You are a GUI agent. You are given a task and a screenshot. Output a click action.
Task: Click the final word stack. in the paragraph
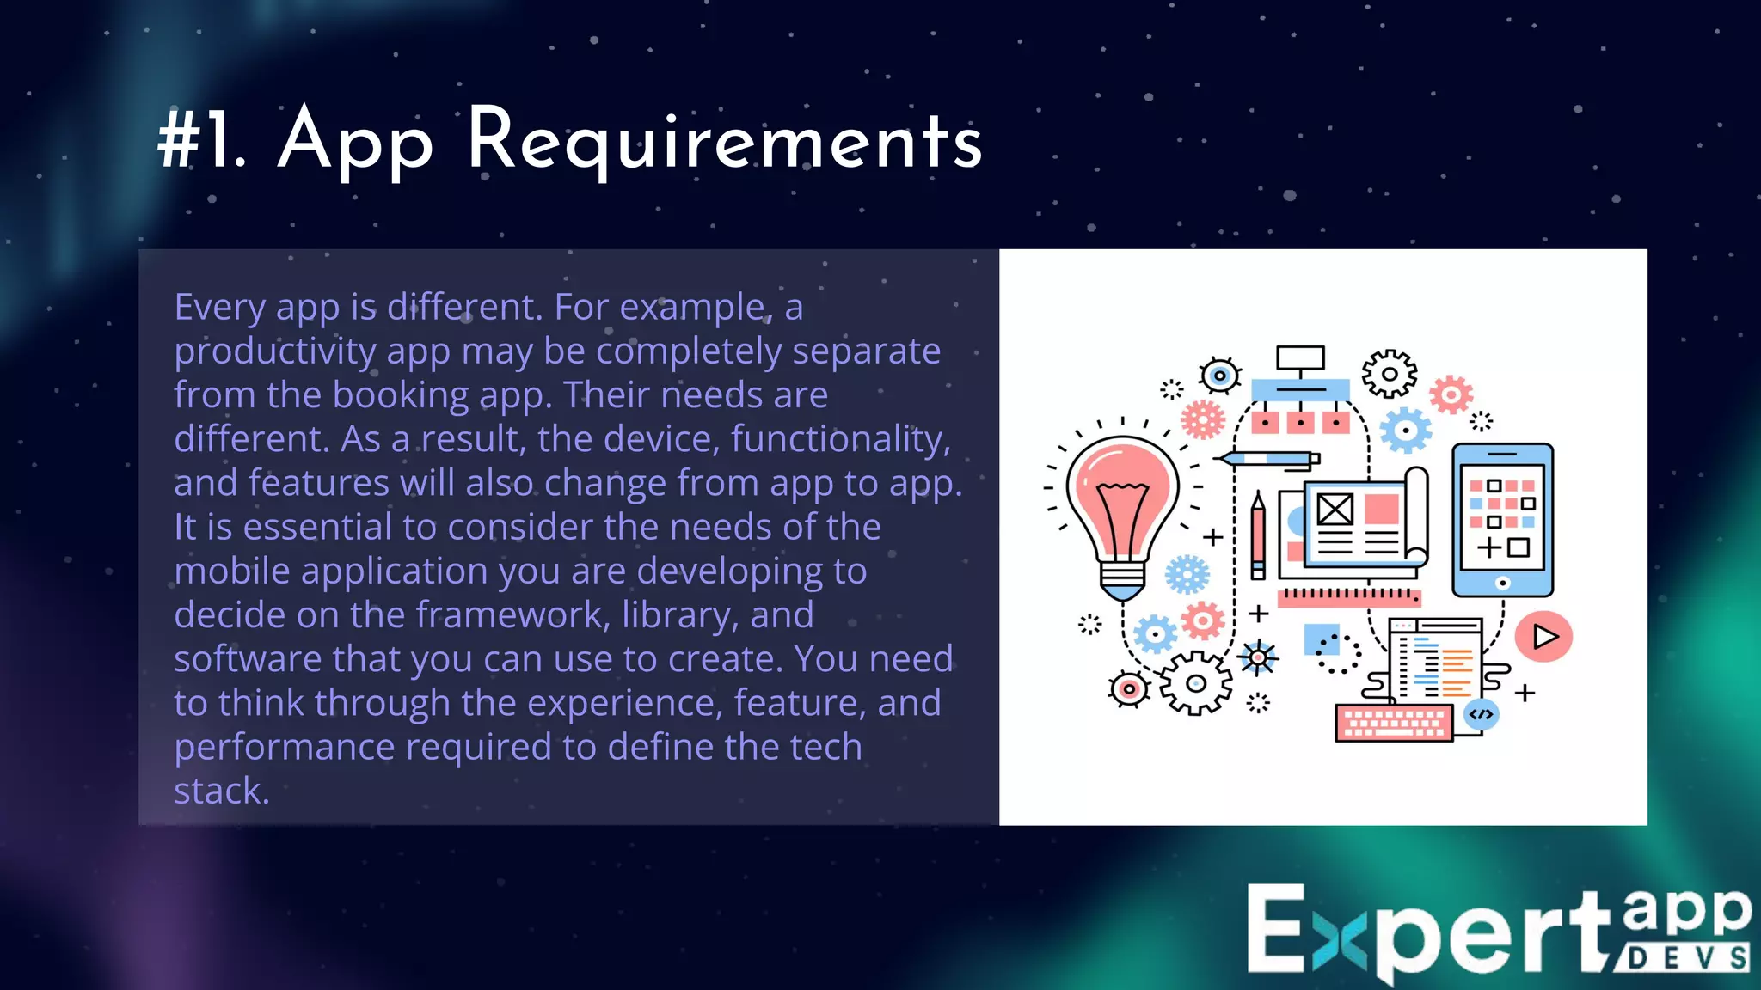[221, 791]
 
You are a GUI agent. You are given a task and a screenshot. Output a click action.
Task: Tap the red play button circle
[1543, 637]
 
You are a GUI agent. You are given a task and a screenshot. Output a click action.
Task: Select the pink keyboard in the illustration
[1393, 723]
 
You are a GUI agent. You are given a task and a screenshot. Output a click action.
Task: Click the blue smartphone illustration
[1502, 519]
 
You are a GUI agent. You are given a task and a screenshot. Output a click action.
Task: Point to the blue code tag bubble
[1481, 714]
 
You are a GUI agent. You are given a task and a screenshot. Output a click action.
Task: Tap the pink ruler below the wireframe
[1348, 596]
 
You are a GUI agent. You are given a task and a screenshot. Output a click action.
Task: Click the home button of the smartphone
[1502, 583]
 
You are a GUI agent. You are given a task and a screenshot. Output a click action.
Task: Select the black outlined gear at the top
[1389, 374]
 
